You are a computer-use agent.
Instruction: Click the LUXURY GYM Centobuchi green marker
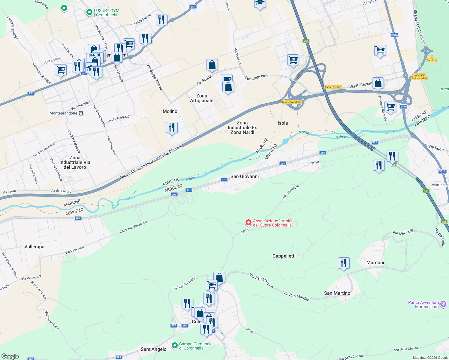pyautogui.click(x=89, y=12)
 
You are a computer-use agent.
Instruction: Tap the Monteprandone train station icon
pyautogui.click(x=81, y=113)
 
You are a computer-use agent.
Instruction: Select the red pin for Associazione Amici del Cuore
pyautogui.click(x=248, y=223)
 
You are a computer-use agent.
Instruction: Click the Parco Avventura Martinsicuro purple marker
pyautogui.click(x=443, y=304)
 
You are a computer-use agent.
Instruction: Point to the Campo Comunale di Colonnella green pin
pyautogui.click(x=174, y=346)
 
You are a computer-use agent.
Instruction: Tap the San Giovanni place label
pyautogui.click(x=244, y=176)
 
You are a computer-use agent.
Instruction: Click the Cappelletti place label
pyautogui.click(x=284, y=256)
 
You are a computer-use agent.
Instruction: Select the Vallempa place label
pyautogui.click(x=34, y=247)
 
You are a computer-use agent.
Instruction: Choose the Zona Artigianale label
pyautogui.click(x=202, y=98)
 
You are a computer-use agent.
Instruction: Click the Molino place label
pyautogui.click(x=170, y=111)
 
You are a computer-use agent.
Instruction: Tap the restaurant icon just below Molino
pyautogui.click(x=172, y=127)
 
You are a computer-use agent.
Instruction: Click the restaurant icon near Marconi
pyautogui.click(x=344, y=263)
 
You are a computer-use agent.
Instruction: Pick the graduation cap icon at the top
pyautogui.click(x=260, y=4)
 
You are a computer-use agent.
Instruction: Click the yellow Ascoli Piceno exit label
pyautogui.click(x=333, y=87)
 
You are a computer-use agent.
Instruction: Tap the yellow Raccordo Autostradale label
pyautogui.click(x=419, y=77)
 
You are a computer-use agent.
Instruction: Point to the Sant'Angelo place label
pyautogui.click(x=154, y=349)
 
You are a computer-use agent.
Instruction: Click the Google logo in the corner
pyautogui.click(x=10, y=356)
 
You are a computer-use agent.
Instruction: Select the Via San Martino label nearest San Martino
pyautogui.click(x=296, y=296)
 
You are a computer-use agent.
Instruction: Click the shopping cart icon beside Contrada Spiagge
pyautogui.click(x=61, y=70)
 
